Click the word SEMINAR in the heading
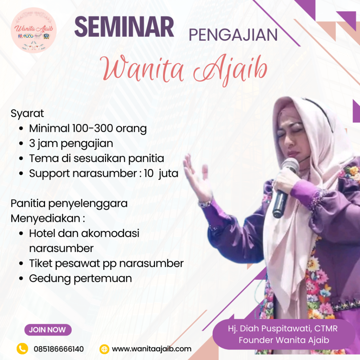pos(124,27)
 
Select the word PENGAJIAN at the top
pos(233,35)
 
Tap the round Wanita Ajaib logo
pos(33,30)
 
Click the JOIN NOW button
pos(48,330)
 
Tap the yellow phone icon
pos(22,348)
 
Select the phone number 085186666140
pos(59,349)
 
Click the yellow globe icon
pos(104,349)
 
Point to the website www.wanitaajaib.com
pos(152,349)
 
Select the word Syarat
pos(27,114)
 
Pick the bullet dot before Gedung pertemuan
pos(21,278)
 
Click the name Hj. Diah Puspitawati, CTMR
pos(283,329)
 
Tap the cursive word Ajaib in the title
pos(231,69)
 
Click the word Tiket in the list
pos(41,263)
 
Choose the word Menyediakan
pos(45,218)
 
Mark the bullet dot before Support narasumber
pos(21,174)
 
